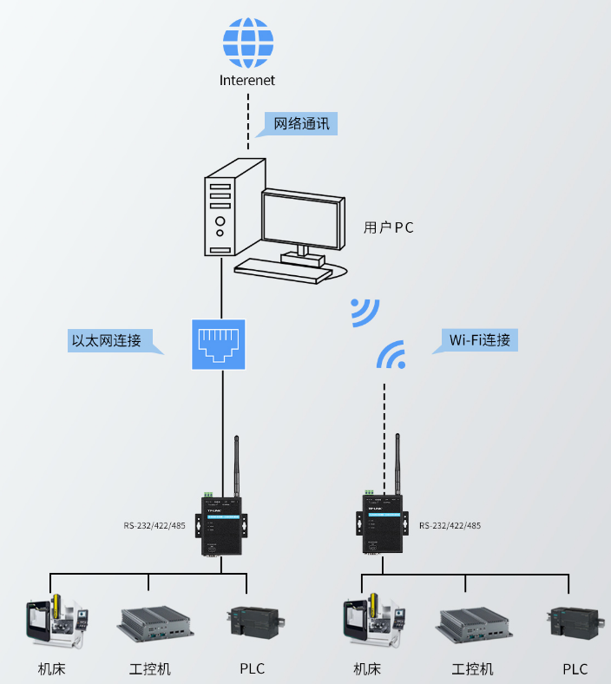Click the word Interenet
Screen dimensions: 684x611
click(247, 80)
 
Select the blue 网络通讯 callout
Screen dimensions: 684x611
click(301, 123)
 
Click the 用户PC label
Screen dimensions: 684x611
click(388, 228)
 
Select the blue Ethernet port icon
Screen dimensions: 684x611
click(219, 344)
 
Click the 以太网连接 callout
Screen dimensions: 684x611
click(110, 339)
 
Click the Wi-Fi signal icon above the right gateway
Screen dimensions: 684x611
click(391, 355)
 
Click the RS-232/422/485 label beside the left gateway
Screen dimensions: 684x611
click(154, 525)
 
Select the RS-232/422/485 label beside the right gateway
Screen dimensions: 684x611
click(450, 525)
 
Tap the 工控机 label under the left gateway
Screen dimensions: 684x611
click(150, 668)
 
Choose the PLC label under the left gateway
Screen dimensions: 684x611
click(253, 668)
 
